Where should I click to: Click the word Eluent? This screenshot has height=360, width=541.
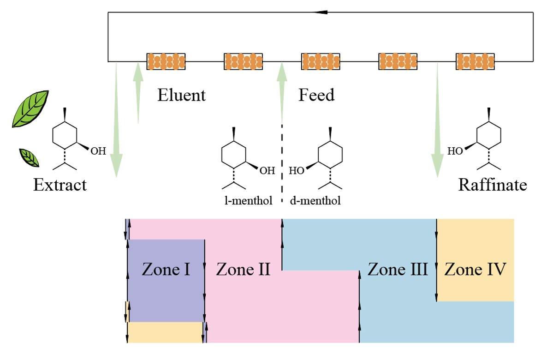[x=181, y=95]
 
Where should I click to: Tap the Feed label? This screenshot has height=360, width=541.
[x=316, y=95]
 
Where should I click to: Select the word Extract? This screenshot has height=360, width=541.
[x=59, y=185]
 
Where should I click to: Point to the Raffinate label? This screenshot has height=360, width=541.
[x=493, y=185]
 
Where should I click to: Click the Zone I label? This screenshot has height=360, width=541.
[x=166, y=269]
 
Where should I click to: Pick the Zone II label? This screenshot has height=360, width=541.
[x=243, y=269]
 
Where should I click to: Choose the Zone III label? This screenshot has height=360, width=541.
[x=398, y=269]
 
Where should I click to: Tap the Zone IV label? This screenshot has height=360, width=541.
[x=475, y=269]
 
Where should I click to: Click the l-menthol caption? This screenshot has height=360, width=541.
[x=249, y=200]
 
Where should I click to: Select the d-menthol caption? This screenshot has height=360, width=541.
[x=315, y=200]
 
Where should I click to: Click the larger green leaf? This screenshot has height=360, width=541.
[x=30, y=109]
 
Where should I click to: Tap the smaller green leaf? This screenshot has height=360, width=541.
[x=30, y=158]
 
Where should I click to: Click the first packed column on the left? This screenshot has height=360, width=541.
[x=166, y=61]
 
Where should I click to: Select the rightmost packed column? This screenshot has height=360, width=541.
[x=475, y=61]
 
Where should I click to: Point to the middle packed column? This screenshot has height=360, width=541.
[x=321, y=61]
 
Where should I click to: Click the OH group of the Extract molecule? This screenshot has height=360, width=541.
[x=98, y=151]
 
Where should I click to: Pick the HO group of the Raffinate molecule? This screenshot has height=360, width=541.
[x=455, y=151]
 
